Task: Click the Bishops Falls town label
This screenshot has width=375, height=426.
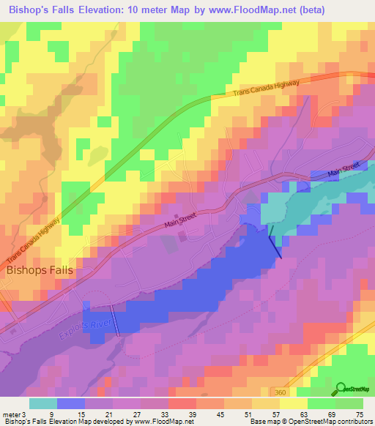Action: click(x=40, y=269)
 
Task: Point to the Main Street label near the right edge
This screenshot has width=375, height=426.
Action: click(x=346, y=169)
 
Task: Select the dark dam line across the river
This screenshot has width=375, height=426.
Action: click(x=275, y=241)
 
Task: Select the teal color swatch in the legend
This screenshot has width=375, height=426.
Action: click(x=42, y=403)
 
